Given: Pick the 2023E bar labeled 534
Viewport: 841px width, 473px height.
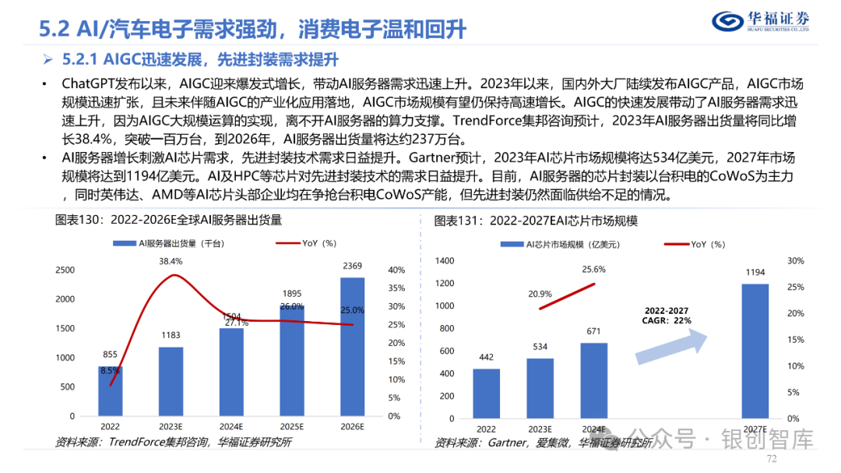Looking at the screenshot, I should pos(540,387).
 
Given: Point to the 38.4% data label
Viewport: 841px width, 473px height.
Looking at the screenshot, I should pos(171,261).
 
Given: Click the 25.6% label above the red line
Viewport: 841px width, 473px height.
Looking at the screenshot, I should pos(593,269).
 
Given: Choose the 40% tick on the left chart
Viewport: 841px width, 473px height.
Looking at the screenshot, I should pos(396,270).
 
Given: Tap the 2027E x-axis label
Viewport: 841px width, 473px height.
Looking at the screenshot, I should pos(753,429).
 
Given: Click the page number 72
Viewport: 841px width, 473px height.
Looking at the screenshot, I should pos(772,460).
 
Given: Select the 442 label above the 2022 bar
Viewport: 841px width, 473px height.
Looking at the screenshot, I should pos(486,358).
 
